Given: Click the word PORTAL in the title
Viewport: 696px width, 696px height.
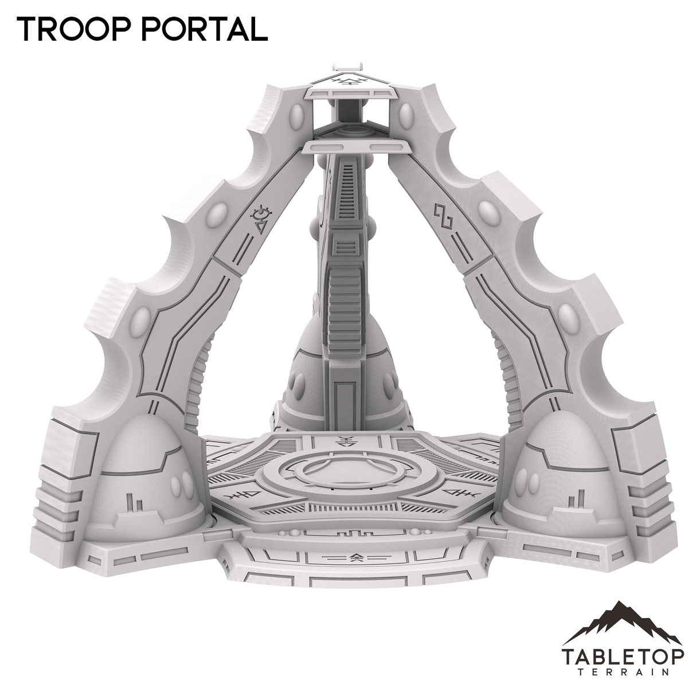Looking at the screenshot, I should click(200, 28).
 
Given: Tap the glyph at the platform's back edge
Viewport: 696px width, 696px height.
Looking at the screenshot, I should click(346, 441).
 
